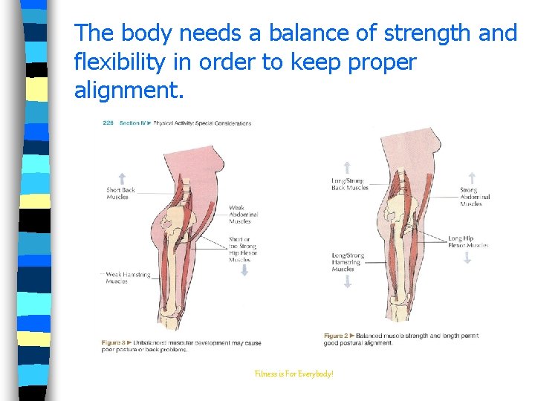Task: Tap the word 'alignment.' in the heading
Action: [128, 91]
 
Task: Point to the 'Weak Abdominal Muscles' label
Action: [240, 215]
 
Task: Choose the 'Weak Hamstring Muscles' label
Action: [127, 278]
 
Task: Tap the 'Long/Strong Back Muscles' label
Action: [349, 184]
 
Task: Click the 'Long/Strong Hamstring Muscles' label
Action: [346, 262]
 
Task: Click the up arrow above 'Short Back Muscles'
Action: [122, 178]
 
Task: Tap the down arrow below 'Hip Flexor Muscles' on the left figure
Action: [244, 270]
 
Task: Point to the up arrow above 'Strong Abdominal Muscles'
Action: [472, 178]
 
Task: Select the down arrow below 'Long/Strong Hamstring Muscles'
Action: [346, 281]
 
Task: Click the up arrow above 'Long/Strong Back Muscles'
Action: [346, 168]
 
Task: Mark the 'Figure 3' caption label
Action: [112, 342]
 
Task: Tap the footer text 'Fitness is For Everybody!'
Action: [294, 374]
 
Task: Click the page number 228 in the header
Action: [108, 123]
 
